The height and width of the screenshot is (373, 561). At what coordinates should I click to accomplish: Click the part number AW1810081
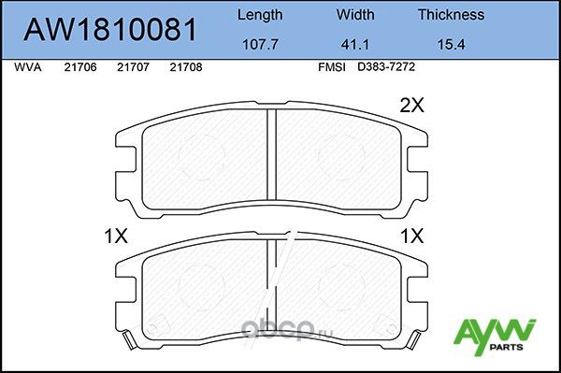coord(108,29)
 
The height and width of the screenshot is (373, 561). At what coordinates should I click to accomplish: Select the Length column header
coord(259,15)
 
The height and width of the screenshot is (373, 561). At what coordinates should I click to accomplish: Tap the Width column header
coord(355,15)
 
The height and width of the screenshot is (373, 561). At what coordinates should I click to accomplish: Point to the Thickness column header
coord(450,15)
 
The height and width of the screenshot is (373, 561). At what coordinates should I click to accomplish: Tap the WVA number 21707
coord(132,68)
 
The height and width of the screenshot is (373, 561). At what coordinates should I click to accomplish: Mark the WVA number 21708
coord(185,68)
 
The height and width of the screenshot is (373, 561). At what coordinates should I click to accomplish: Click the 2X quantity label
coord(411,107)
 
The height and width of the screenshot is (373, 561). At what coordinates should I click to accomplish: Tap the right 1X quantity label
coord(411,237)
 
